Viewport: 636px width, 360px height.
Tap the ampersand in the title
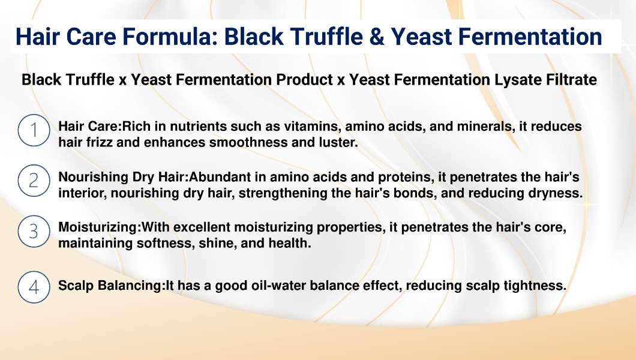(x=376, y=37)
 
